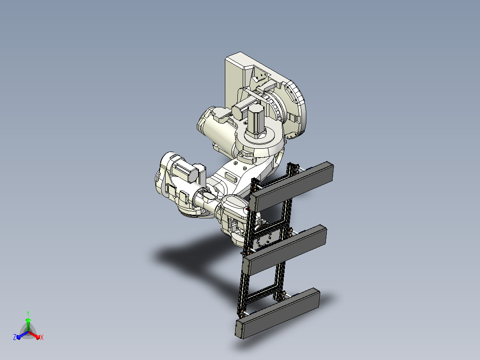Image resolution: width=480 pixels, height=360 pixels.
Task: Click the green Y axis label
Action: tap(28, 313)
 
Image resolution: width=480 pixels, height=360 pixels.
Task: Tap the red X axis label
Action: tap(42, 337)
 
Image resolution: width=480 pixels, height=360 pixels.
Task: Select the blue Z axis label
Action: tap(15, 337)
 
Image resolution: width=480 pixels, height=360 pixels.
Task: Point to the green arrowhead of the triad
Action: tap(28, 320)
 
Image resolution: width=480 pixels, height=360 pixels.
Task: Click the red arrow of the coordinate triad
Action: tap(34, 335)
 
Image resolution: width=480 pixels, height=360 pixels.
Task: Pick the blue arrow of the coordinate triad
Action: tap(22, 335)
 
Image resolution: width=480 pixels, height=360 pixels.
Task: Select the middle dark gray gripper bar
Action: tap(285, 250)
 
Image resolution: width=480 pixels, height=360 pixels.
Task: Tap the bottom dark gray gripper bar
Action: tap(278, 313)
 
